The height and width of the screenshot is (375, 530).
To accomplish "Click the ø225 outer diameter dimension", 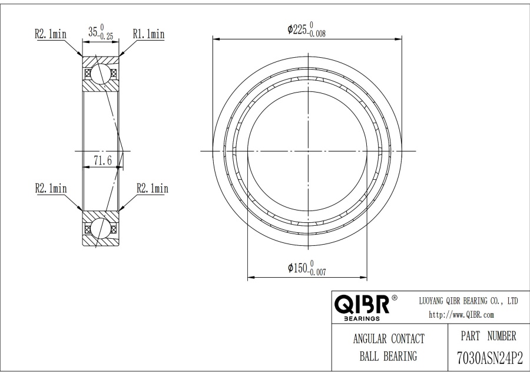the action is click(307, 29).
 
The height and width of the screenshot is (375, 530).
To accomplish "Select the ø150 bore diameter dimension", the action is click(307, 268).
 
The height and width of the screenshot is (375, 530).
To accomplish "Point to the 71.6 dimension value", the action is click(102, 160).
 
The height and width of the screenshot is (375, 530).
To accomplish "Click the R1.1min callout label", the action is click(149, 34).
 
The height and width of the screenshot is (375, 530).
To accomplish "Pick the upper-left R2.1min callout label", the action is click(51, 34).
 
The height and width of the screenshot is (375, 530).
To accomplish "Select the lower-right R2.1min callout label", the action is click(153, 188).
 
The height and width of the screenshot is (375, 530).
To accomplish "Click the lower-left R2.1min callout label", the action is click(51, 188).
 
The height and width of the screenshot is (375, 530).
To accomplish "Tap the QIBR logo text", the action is click(362, 304).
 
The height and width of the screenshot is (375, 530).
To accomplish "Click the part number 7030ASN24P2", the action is click(490, 358).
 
